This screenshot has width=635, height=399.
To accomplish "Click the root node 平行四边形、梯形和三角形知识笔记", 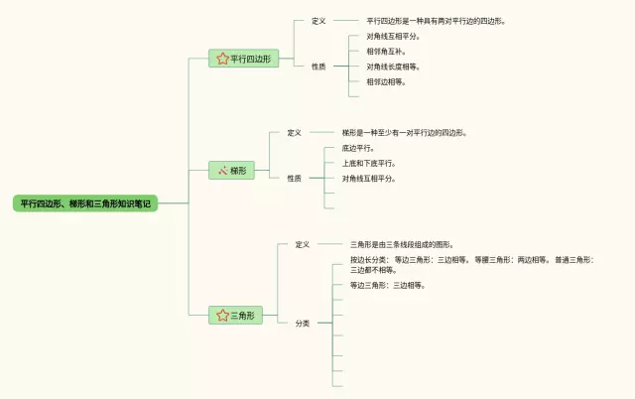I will [x=85, y=203].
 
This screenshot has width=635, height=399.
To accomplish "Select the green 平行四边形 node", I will [x=242, y=59].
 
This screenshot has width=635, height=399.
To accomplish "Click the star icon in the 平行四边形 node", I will [x=222, y=59].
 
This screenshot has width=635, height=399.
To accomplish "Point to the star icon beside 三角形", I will [x=222, y=316].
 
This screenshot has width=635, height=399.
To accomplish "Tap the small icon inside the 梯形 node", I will [x=223, y=171].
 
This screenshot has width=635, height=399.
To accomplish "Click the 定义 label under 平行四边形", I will [x=318, y=20].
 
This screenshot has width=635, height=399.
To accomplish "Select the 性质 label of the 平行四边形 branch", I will [x=318, y=66].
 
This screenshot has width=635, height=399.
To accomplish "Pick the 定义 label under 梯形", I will [x=294, y=132].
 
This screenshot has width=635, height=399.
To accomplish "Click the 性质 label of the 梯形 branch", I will [x=294, y=179].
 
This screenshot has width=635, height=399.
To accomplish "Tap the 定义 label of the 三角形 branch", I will [x=303, y=244].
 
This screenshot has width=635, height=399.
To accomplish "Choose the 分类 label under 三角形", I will [x=303, y=324].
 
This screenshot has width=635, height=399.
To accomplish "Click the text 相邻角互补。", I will [x=386, y=51].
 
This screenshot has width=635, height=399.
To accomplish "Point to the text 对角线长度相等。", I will [x=393, y=66].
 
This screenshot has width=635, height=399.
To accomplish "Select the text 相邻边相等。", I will [x=386, y=82].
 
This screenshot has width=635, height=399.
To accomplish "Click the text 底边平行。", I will [x=358, y=148].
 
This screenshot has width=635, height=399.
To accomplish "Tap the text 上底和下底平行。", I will [x=368, y=163].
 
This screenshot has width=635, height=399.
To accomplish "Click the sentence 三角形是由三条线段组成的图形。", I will [x=402, y=244].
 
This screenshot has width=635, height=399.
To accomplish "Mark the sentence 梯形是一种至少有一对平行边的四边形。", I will [x=405, y=132].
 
